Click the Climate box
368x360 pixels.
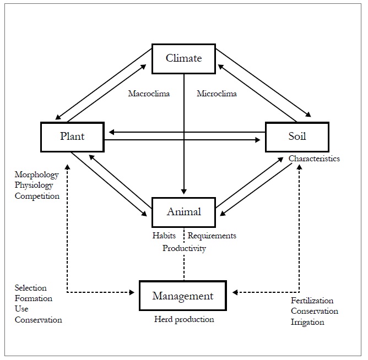(184, 58)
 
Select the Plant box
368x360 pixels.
(73, 137)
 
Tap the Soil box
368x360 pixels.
(297, 137)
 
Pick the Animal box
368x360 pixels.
(184, 212)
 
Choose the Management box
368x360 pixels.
(183, 296)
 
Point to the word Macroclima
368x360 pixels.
(149, 94)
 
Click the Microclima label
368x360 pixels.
(217, 94)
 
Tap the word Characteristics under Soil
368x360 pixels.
(314, 159)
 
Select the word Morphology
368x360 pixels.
(36, 175)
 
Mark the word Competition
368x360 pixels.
(37, 196)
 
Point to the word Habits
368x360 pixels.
(164, 236)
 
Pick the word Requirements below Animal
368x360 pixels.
(212, 236)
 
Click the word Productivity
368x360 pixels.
(184, 248)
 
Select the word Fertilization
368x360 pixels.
(312, 301)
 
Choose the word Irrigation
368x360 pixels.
(307, 321)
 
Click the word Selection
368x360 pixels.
(31, 288)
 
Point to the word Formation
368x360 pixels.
(34, 298)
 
